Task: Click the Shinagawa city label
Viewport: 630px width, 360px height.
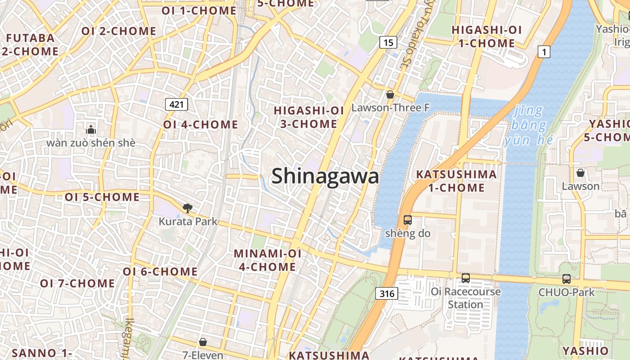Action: coord(325,176)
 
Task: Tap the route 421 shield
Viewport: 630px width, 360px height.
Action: coord(176,105)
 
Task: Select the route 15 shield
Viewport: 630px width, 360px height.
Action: coord(388,43)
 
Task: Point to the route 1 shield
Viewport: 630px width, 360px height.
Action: coord(544,52)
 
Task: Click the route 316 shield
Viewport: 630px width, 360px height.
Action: coord(386,294)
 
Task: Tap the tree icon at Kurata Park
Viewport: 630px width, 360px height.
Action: coord(188,208)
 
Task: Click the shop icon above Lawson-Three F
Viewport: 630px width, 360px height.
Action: coord(390,94)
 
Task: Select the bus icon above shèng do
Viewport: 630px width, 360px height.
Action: coord(407,220)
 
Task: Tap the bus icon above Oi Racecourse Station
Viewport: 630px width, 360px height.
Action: coord(466,278)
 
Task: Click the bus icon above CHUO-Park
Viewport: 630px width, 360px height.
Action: coord(566,279)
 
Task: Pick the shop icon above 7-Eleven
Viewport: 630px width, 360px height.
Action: coord(203,342)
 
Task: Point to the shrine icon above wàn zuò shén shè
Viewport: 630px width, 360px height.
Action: coord(91,130)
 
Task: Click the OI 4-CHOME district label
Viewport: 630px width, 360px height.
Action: coord(200,125)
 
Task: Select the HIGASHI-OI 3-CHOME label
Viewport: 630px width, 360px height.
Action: coord(309,117)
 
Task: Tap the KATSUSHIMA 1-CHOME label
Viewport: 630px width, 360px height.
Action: coord(456,181)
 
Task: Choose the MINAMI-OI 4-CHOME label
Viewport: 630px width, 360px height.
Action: coord(267,260)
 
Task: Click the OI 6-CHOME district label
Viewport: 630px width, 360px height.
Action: coord(160,272)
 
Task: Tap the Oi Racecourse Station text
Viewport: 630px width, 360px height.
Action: coord(465,298)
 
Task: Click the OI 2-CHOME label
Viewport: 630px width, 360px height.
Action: coord(119,31)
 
